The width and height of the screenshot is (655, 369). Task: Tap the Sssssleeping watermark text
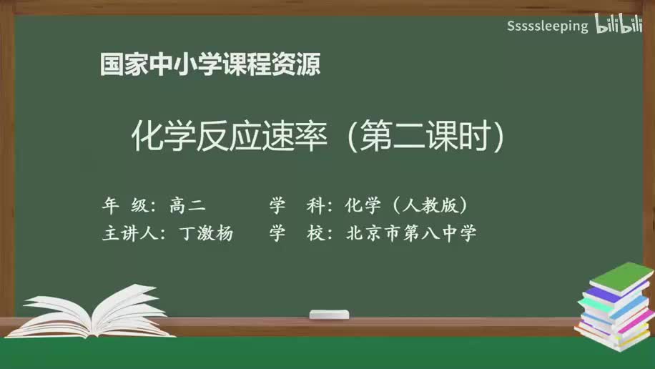pos(547,26)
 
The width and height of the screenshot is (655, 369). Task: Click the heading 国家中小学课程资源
pos(210,65)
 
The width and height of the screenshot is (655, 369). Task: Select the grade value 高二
pos(187,206)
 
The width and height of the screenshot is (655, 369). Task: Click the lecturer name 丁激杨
pos(207,234)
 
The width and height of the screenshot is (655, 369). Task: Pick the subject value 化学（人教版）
pos(407,206)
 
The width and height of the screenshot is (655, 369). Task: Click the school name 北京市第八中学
pos(411,234)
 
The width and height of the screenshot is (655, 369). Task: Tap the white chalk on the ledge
pos(329,314)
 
